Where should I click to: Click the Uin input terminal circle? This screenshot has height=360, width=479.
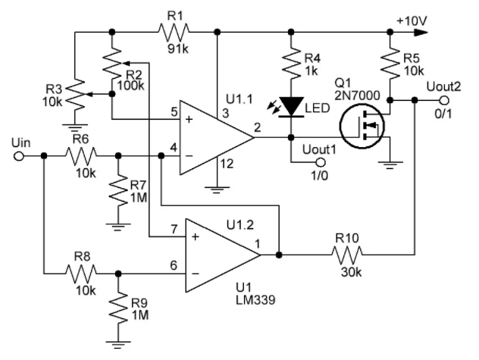point(19,155)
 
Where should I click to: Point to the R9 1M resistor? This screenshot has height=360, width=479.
point(117,306)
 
